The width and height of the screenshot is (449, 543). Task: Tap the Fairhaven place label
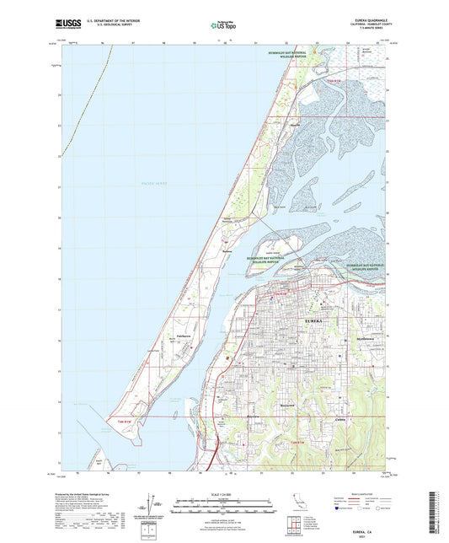(187, 335)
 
